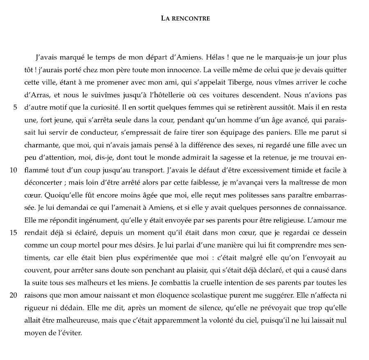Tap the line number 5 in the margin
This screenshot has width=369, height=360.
(x=15, y=108)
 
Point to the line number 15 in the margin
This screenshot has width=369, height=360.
(x=13, y=233)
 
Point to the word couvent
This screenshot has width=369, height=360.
(x=36, y=270)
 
